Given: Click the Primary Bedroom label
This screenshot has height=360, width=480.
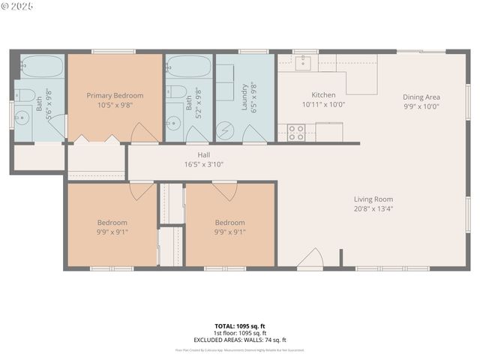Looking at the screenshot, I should tap(115, 95).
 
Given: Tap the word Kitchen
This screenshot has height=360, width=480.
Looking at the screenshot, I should tap(323, 95).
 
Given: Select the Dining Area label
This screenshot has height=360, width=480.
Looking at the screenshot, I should tap(421, 97).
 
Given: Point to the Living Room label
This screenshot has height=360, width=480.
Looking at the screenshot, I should tap(373, 199).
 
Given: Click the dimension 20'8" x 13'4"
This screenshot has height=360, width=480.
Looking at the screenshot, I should tap(373, 208).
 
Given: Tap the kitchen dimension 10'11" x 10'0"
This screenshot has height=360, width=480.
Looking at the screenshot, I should tap(323, 105).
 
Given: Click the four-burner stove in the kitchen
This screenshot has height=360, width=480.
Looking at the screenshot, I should tap(296, 133).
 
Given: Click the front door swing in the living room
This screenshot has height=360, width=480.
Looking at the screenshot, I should tap(309, 259).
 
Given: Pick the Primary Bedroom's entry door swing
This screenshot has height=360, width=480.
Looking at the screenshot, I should tap(144, 133).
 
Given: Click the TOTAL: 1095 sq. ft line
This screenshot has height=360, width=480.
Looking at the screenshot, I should tap(240, 326).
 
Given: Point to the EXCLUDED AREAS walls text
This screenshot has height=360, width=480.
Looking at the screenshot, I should tap(240, 340).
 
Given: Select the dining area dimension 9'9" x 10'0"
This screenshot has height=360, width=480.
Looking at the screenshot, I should tap(421, 106).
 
